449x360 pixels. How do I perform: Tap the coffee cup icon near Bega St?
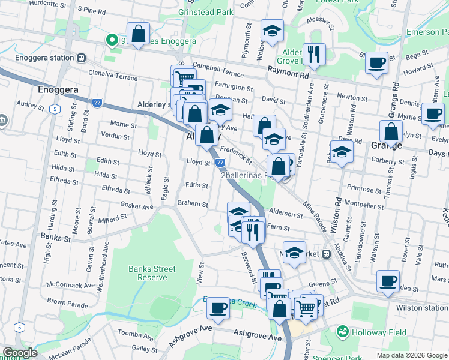coord(377,63)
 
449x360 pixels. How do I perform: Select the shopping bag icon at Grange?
coord(391,132)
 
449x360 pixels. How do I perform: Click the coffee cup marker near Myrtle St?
coord(433,113)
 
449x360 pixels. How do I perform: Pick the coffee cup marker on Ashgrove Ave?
coord(218,308)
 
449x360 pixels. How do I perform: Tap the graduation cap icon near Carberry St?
coord(342,152)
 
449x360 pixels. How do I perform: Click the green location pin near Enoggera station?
coord(111,40)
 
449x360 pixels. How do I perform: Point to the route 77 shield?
coord(220,163)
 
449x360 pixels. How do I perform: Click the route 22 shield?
coord(97,103)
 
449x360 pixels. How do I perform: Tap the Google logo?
coord(19,353)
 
